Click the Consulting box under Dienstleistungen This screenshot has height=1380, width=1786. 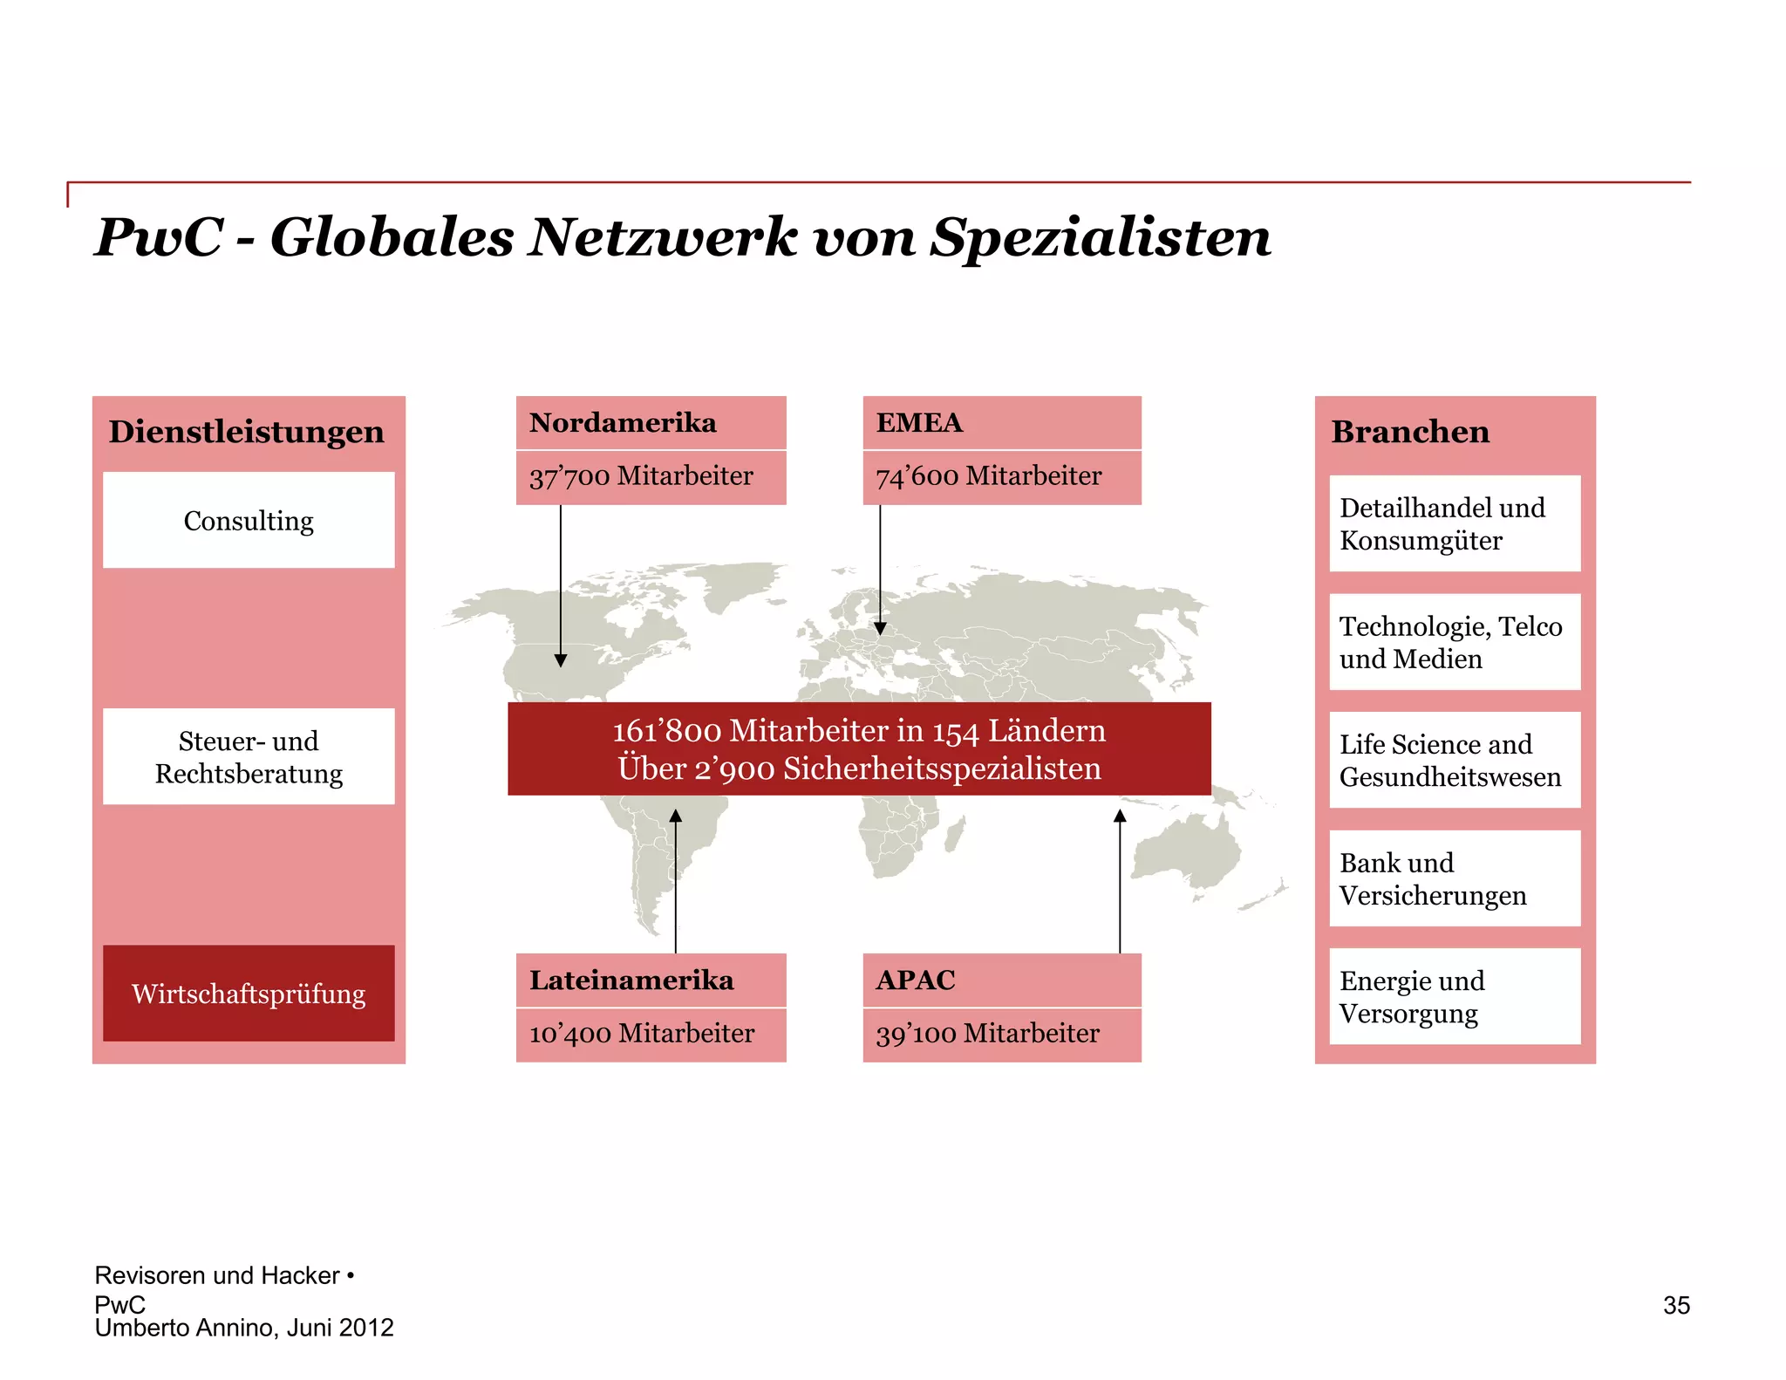tap(249, 521)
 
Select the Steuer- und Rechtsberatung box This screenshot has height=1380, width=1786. tap(249, 756)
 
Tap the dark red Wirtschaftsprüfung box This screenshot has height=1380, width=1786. tap(249, 993)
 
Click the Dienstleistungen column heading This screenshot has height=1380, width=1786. tap(246, 432)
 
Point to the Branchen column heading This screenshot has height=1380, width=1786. tap(1410, 432)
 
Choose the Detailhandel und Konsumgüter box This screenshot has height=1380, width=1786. tap(1455, 523)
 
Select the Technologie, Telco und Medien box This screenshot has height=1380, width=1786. tap(1455, 642)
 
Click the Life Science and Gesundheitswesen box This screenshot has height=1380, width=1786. tap(1455, 760)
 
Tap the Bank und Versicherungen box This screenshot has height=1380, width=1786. tap(1455, 878)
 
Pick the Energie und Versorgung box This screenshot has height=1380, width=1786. tap(1455, 996)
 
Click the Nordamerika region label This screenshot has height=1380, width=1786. tap(623, 423)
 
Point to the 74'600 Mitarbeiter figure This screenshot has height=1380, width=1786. tap(988, 476)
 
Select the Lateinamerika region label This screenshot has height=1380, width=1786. tap(631, 980)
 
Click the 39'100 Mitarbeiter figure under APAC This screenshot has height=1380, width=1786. tap(987, 1034)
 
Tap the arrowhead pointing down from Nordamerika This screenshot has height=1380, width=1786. tap(561, 660)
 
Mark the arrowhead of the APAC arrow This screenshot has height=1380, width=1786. tap(1120, 816)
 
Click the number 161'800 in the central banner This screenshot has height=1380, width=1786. tap(666, 731)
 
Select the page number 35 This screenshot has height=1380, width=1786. tap(1676, 1305)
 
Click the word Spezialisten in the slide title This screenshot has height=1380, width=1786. tap(1100, 237)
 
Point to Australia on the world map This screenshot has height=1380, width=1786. tap(1188, 851)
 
